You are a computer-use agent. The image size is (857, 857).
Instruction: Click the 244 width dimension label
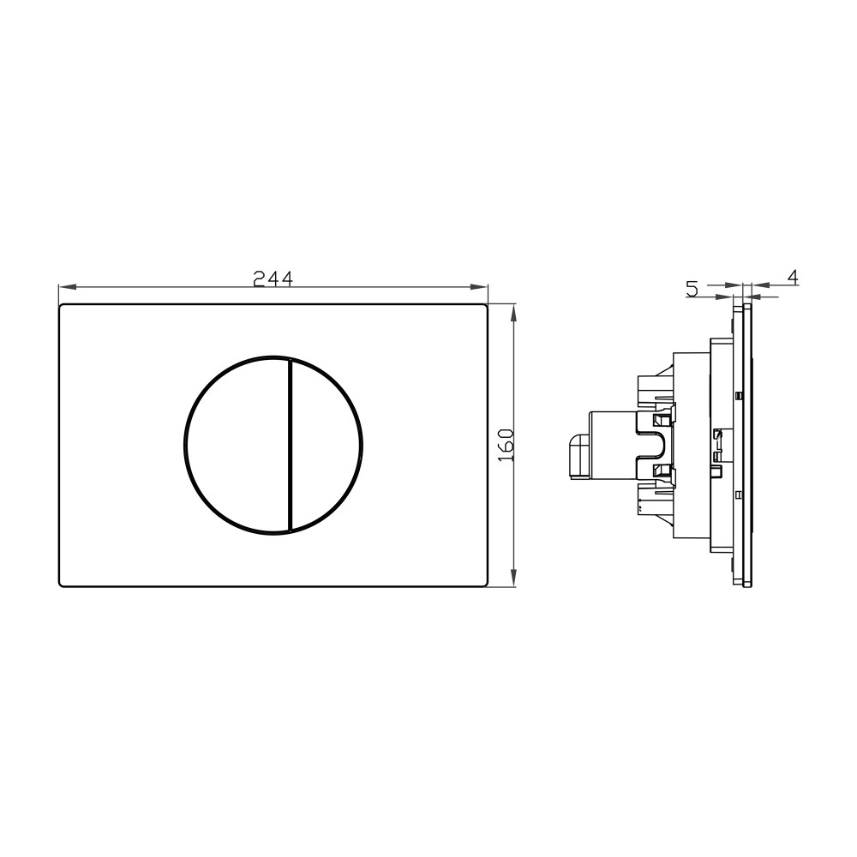coord(273,279)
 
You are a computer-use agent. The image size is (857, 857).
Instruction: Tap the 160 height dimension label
coord(506,445)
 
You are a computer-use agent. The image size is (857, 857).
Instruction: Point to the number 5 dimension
coord(692,288)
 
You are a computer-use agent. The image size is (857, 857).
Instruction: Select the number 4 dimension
coord(793,278)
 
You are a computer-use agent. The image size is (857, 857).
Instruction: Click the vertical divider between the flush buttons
coord(289,445)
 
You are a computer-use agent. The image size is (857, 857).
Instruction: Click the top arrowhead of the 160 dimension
coord(513,314)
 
